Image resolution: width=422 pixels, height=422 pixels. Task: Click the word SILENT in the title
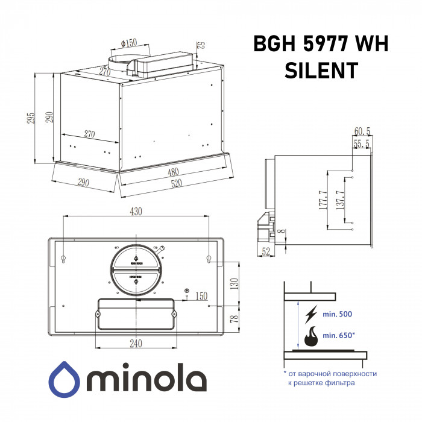click(320, 71)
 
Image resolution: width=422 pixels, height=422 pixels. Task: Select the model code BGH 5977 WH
click(320, 44)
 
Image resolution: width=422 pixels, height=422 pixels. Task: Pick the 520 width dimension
click(176, 183)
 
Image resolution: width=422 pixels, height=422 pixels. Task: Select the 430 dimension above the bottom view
click(136, 212)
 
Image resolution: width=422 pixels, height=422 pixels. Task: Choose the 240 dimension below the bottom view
click(136, 344)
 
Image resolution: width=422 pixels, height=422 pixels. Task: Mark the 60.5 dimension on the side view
click(362, 131)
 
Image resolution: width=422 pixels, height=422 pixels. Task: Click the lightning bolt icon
click(311, 313)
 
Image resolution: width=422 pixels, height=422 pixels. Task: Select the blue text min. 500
click(338, 315)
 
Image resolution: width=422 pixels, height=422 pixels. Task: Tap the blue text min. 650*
click(339, 335)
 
